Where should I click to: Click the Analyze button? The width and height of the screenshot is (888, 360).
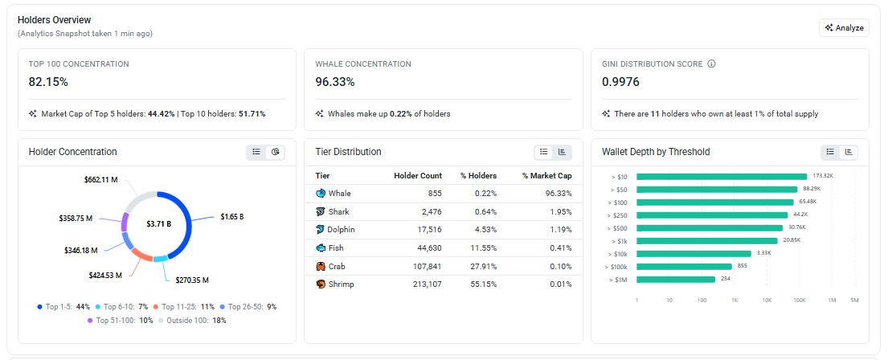click(x=844, y=28)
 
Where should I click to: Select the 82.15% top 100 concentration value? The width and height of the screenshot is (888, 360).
click(x=48, y=82)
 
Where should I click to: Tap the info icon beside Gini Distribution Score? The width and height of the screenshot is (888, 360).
click(x=712, y=64)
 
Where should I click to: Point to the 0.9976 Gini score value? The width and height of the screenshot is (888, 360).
click(x=620, y=82)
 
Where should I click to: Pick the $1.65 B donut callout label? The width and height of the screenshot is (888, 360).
click(x=232, y=217)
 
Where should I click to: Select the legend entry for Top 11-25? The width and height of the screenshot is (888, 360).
click(x=184, y=307)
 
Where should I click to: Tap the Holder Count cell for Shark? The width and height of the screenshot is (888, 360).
click(x=429, y=211)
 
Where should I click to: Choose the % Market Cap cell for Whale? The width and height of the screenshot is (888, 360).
click(x=559, y=194)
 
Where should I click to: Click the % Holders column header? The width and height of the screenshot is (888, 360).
click(x=478, y=175)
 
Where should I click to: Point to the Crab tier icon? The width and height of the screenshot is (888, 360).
click(x=321, y=266)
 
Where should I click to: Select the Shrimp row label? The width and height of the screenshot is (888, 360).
click(x=341, y=284)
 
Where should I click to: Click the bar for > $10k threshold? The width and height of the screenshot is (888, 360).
click(x=694, y=254)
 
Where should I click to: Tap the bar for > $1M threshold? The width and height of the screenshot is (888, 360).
click(x=676, y=279)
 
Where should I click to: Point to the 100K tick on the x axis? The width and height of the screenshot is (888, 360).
click(x=800, y=300)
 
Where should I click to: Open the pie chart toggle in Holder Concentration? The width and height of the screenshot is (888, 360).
click(x=275, y=152)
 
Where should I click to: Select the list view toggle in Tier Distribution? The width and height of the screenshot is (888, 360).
click(x=544, y=152)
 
